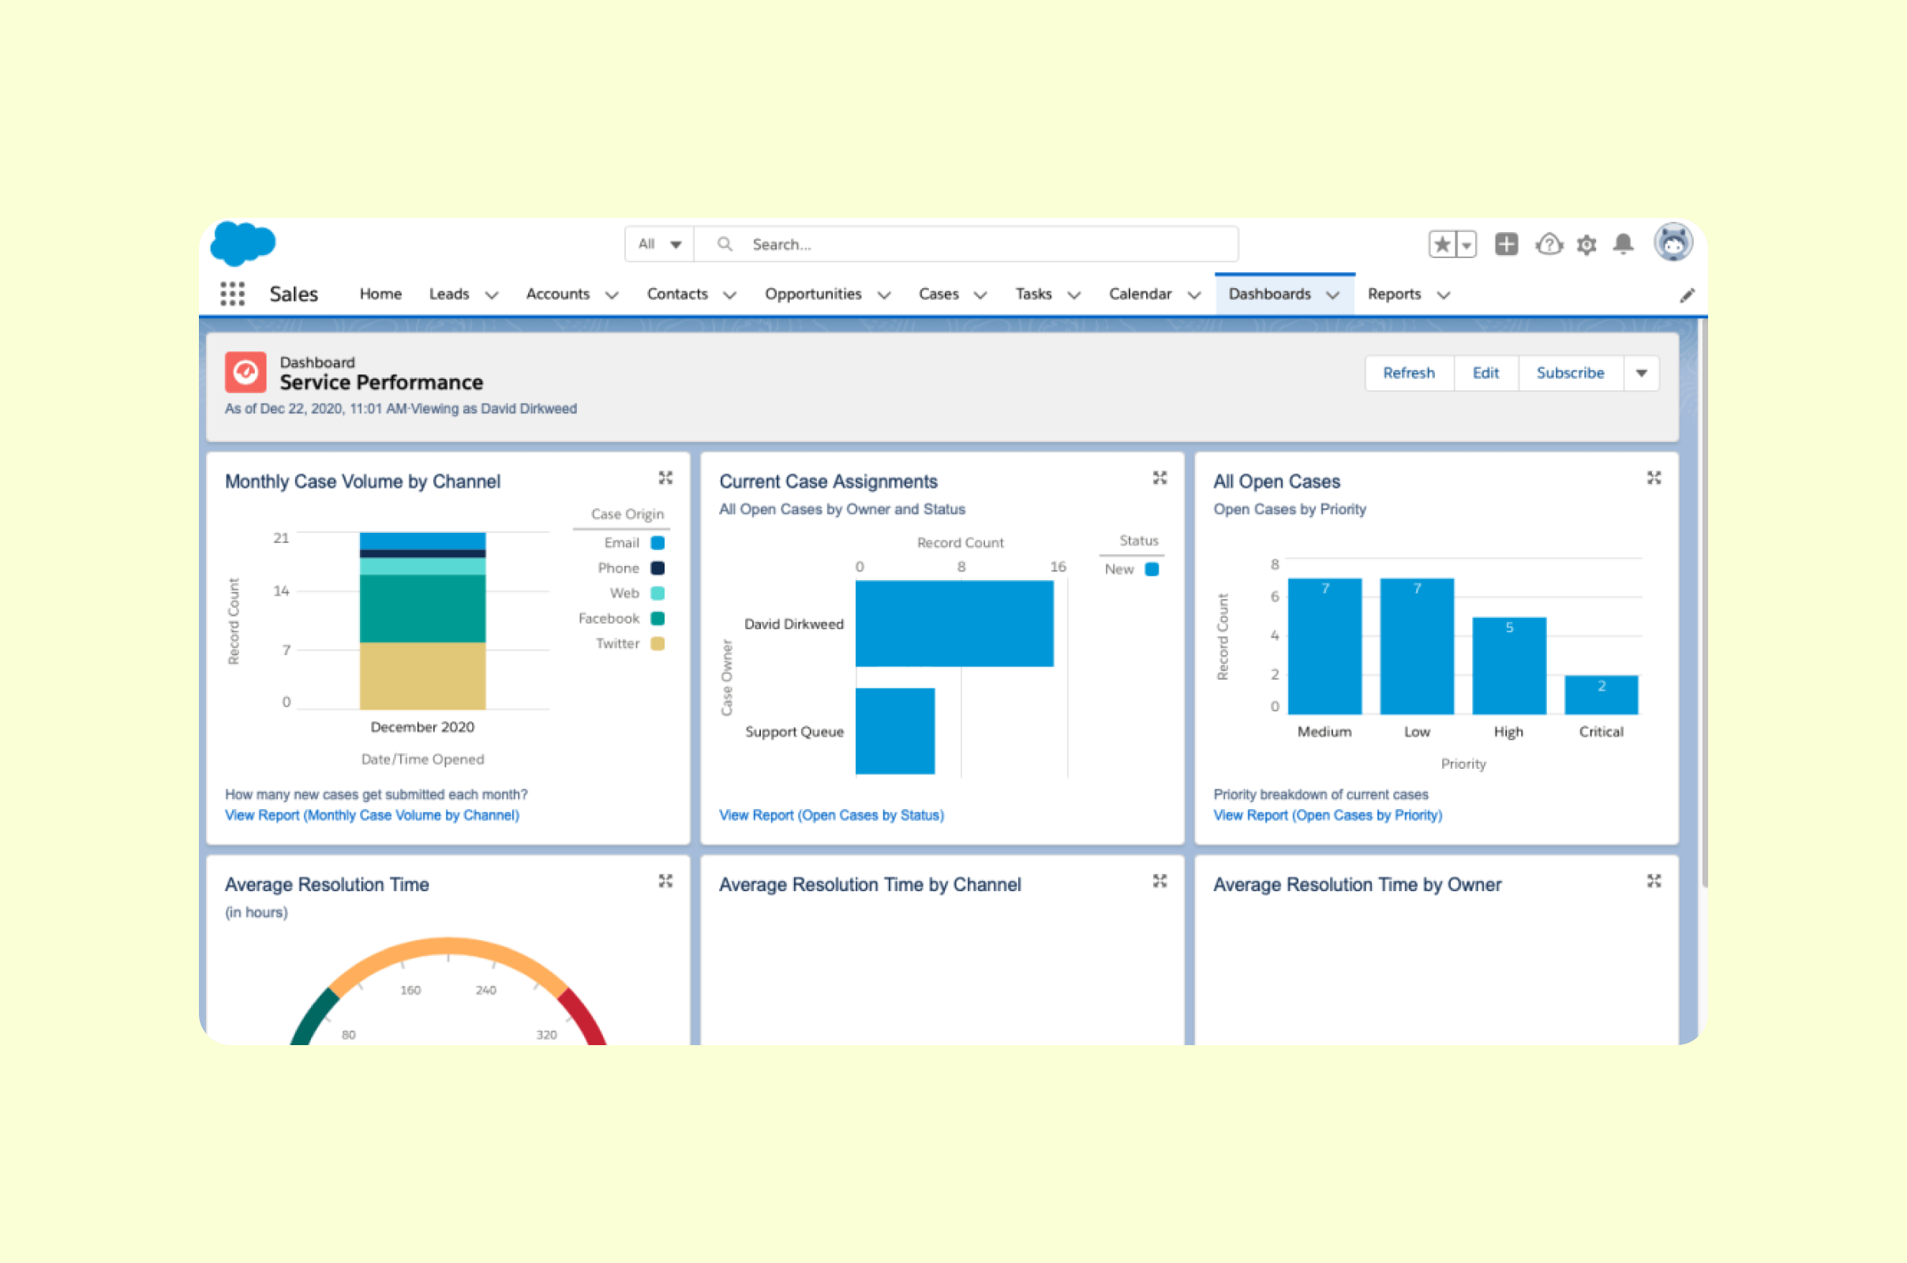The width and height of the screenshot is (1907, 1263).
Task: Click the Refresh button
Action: pyautogui.click(x=1408, y=373)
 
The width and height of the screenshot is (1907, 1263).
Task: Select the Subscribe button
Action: pyautogui.click(x=1570, y=373)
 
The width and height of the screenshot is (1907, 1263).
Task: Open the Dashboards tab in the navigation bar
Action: pyautogui.click(x=1270, y=294)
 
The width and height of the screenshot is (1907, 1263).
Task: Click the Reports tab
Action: pyautogui.click(x=1394, y=294)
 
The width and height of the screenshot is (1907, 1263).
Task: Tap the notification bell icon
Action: pyautogui.click(x=1623, y=244)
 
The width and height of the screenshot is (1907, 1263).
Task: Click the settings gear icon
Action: pyautogui.click(x=1586, y=245)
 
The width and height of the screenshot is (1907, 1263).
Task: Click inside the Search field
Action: pyautogui.click(x=966, y=244)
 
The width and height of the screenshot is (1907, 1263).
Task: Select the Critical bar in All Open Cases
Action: pyautogui.click(x=1601, y=695)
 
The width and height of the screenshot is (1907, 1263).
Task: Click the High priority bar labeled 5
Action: pyautogui.click(x=1508, y=665)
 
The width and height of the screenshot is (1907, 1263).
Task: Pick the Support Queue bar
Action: pyautogui.click(x=895, y=731)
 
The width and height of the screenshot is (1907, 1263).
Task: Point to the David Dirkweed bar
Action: pyautogui.click(x=953, y=624)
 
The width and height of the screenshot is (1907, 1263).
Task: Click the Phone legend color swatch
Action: pyautogui.click(x=658, y=568)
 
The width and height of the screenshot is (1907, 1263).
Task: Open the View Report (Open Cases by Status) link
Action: pyautogui.click(x=831, y=815)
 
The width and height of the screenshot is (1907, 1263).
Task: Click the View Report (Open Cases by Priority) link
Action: pyautogui.click(x=1327, y=815)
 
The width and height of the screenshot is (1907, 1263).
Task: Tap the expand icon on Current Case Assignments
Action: pyautogui.click(x=1159, y=478)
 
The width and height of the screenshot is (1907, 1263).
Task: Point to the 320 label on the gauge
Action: pyautogui.click(x=546, y=1034)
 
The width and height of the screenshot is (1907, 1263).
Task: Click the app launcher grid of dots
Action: pyautogui.click(x=233, y=294)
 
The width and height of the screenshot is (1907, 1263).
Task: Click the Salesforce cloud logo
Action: pyautogui.click(x=242, y=242)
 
